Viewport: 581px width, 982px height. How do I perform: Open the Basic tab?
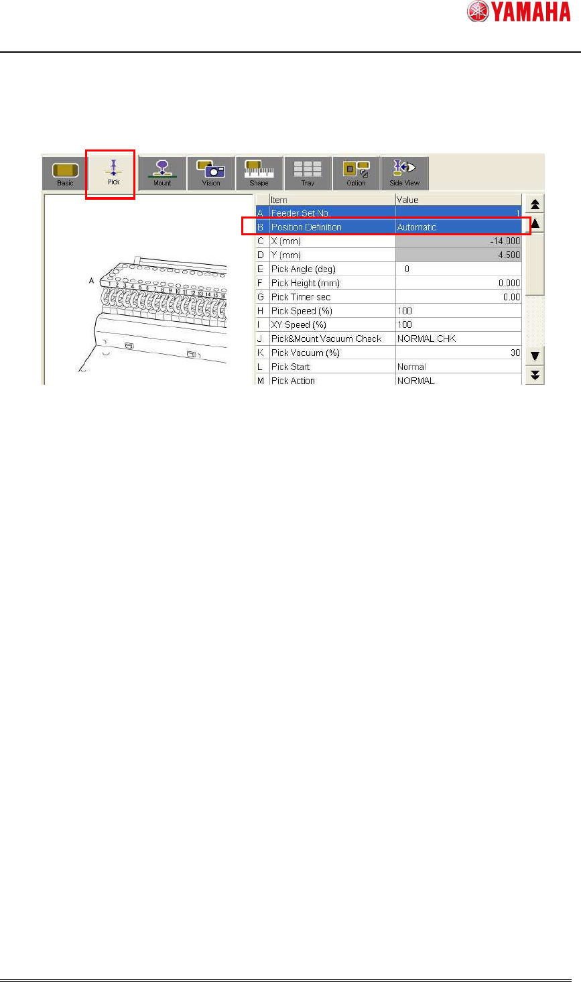tap(66, 174)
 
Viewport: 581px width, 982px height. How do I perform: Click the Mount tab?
tap(162, 174)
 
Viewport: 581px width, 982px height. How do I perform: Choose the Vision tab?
tap(211, 174)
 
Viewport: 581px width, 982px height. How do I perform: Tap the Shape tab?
tap(259, 174)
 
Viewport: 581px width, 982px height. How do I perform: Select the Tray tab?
tap(308, 174)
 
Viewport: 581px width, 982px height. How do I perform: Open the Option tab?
tap(357, 174)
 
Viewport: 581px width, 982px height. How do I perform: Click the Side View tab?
tap(405, 174)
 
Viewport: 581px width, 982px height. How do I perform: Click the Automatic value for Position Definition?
tap(417, 227)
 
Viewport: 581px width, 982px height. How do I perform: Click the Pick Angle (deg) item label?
tap(304, 269)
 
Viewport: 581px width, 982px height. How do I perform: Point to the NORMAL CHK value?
tap(426, 339)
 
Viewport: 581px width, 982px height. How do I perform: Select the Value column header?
tap(407, 200)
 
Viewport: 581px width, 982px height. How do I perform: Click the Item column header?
tap(279, 200)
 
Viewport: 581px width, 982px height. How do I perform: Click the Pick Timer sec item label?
tap(301, 297)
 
